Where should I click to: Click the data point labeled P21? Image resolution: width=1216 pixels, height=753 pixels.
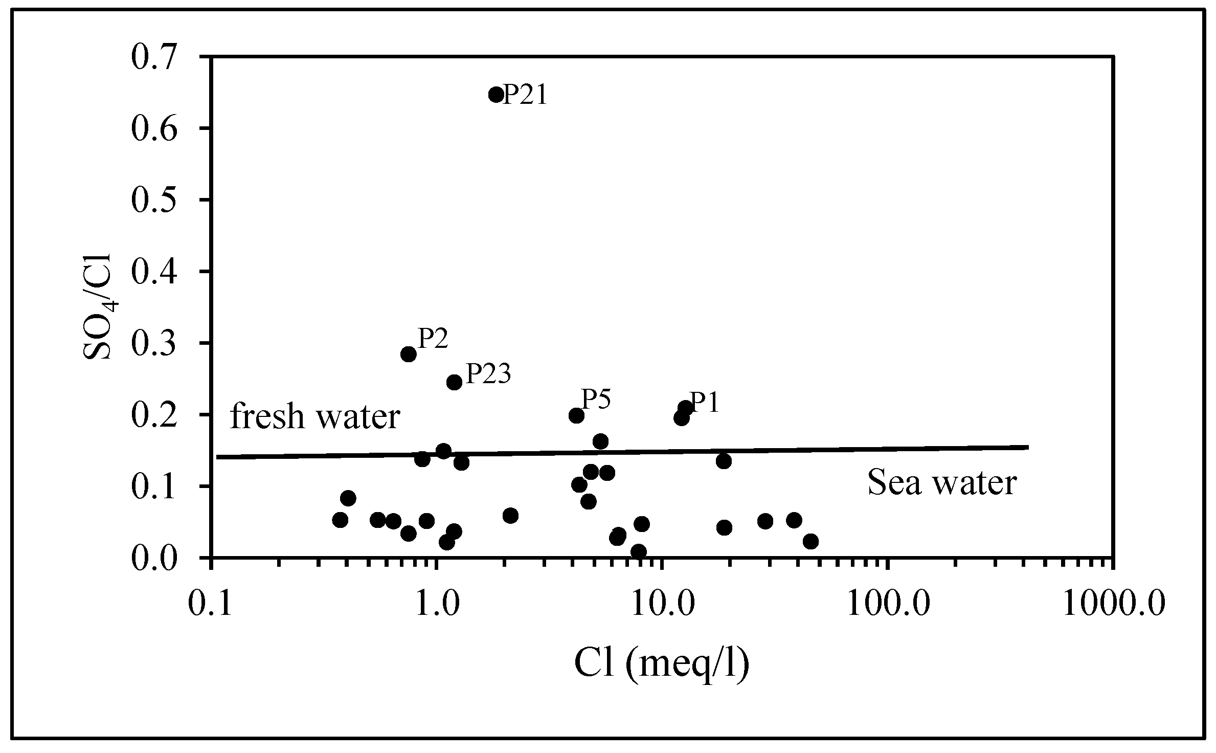[x=496, y=94]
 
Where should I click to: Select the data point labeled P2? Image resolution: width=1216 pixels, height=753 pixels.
[x=408, y=354]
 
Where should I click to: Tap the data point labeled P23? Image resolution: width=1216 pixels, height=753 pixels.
[x=454, y=382]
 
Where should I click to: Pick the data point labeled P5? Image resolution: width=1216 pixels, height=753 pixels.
[x=576, y=415]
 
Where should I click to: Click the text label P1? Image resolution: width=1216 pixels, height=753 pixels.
[x=704, y=403]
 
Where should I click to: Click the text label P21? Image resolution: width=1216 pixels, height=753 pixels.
[x=525, y=95]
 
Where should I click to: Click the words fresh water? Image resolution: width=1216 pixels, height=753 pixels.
[x=314, y=417]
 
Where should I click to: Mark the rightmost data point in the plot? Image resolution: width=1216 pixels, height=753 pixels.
[x=810, y=541]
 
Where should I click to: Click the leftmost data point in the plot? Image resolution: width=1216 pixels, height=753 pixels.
[x=340, y=520]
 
